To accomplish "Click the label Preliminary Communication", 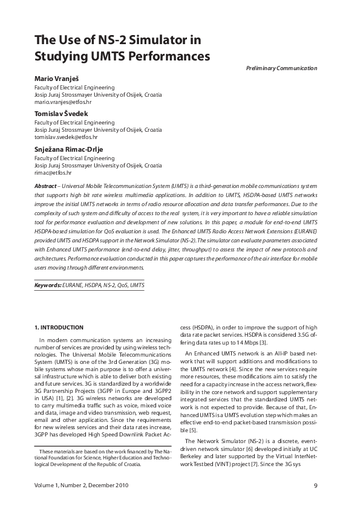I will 281,68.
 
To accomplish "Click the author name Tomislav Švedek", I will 61,114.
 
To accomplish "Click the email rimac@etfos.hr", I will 53,172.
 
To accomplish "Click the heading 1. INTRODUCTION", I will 59,328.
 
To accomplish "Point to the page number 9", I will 316,485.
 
